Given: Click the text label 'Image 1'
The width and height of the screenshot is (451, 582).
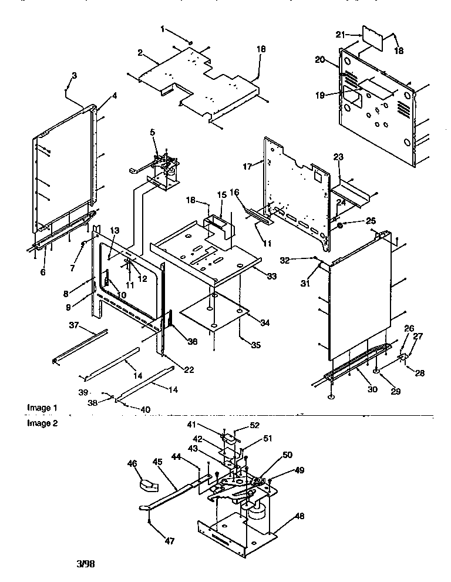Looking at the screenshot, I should click(42, 408).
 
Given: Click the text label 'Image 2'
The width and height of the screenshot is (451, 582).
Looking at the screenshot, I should click(42, 423).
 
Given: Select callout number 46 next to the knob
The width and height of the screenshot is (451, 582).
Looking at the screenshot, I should click(133, 463).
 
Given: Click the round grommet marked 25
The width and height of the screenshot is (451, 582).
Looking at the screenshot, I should click(340, 226).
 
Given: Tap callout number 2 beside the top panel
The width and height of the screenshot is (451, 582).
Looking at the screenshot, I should click(141, 53).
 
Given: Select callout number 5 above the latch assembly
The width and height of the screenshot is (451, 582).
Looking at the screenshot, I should click(154, 133).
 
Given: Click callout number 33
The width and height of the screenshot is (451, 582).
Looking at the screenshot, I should click(272, 276).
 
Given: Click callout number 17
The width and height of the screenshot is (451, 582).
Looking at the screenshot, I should click(247, 167).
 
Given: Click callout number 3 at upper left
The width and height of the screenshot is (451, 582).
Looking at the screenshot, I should click(75, 75).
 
